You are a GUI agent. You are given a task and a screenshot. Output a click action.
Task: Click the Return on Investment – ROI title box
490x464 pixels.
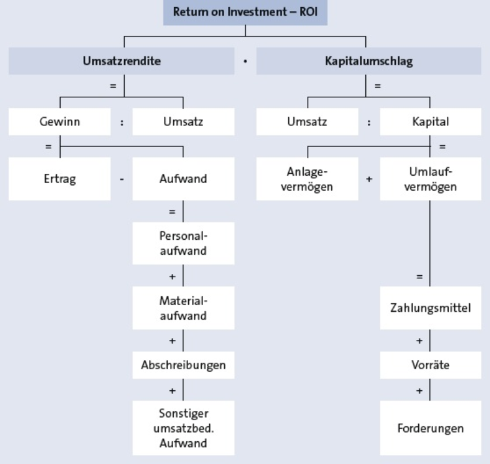click(x=245, y=12)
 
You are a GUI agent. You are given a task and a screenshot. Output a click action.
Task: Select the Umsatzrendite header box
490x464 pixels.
click(x=122, y=61)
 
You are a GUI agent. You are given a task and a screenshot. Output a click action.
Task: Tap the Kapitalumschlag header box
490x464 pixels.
click(x=368, y=61)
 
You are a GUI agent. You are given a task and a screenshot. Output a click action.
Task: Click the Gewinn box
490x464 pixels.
click(x=59, y=122)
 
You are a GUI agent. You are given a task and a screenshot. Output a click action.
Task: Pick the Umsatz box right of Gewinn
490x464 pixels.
click(x=184, y=122)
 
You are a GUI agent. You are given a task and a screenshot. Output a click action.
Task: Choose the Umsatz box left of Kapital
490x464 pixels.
click(x=307, y=122)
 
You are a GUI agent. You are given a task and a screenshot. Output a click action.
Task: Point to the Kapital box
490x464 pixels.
click(x=431, y=122)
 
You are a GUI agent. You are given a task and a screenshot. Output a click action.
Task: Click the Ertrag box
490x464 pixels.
click(x=59, y=179)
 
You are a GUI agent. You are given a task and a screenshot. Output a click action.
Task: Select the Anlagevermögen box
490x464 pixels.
click(x=307, y=179)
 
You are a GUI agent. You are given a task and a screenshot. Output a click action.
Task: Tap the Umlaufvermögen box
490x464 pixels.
click(x=431, y=179)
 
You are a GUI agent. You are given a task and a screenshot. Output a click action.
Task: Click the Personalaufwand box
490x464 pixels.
click(x=184, y=243)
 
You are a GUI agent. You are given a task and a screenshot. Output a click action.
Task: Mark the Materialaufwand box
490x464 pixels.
click(x=184, y=308)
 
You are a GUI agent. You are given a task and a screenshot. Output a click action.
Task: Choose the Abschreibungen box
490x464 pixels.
click(x=184, y=365)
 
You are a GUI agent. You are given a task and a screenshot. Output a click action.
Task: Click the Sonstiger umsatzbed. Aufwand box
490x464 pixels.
click(x=184, y=428)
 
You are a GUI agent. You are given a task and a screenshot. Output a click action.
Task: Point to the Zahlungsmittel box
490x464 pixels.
click(x=431, y=308)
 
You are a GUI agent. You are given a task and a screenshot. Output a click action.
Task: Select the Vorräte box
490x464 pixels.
click(x=431, y=365)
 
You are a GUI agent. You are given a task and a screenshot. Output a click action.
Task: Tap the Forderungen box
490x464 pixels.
click(x=431, y=428)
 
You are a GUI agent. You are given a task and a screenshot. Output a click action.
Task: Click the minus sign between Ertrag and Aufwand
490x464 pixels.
click(x=122, y=180)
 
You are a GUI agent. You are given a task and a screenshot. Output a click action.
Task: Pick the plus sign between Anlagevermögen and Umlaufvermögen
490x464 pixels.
click(x=369, y=179)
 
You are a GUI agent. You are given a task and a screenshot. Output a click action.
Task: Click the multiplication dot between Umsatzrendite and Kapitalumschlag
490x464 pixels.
click(x=245, y=61)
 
